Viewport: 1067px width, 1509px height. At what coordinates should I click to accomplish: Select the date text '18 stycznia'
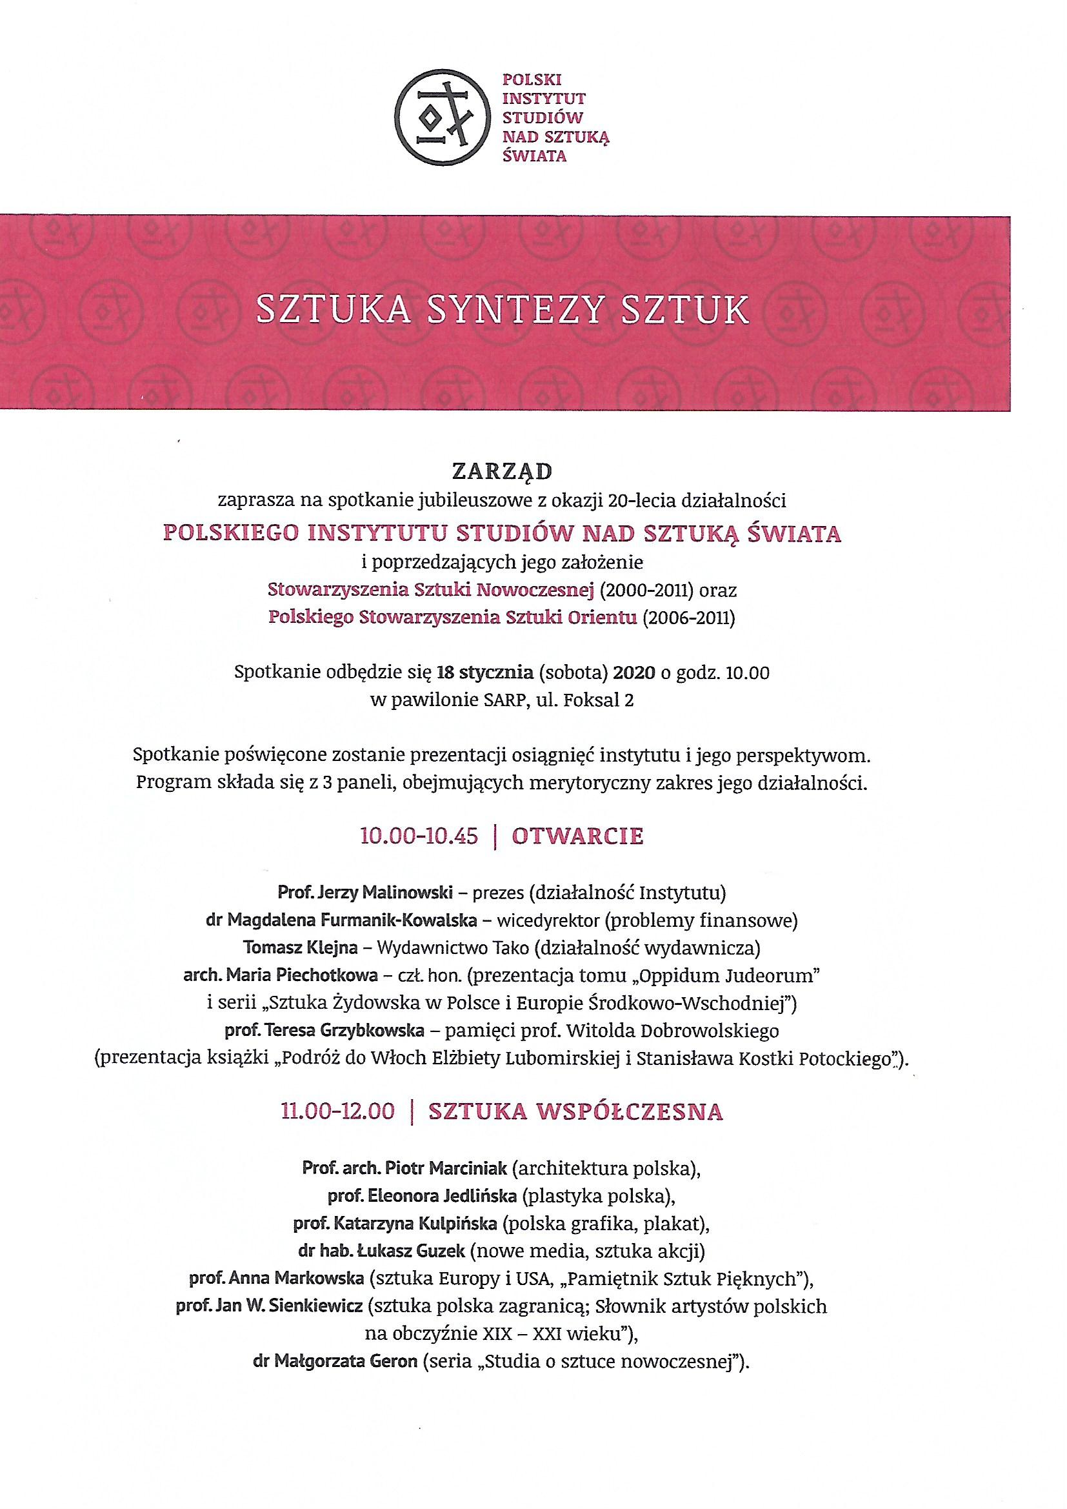coord(486,673)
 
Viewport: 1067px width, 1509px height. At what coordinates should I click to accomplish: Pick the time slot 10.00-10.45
coord(419,836)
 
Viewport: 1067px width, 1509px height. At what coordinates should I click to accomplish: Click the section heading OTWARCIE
coord(577,836)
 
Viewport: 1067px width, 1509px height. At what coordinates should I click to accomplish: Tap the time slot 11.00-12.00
coord(337,1111)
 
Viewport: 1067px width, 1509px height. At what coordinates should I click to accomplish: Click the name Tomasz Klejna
coord(300,947)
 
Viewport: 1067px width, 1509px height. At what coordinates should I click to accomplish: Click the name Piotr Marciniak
coord(446,1168)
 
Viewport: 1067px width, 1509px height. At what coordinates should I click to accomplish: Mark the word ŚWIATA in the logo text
coord(533,156)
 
